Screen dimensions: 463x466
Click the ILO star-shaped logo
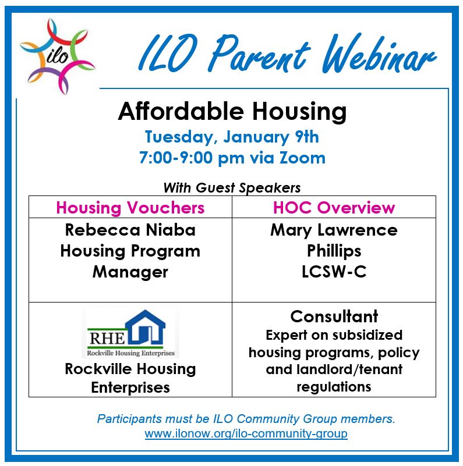pyautogui.click(x=58, y=56)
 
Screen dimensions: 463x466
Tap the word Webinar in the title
pyautogui.click(x=379, y=54)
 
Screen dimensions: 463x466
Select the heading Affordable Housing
pyautogui.click(x=232, y=112)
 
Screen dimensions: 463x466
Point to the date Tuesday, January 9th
pyautogui.click(x=232, y=137)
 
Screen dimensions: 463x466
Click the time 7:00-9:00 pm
pyautogui.click(x=192, y=158)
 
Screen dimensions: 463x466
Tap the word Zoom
pyautogui.click(x=302, y=158)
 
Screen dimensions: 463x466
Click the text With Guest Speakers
pyautogui.click(x=232, y=187)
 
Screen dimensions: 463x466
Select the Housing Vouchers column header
pyautogui.click(x=130, y=208)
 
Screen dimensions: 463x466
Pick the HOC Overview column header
pyautogui.click(x=334, y=207)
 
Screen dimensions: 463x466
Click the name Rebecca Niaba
pyautogui.click(x=130, y=230)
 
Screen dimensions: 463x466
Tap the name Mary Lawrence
pyautogui.click(x=334, y=230)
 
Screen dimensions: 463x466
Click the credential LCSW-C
pyautogui.click(x=334, y=271)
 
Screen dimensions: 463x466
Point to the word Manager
pyautogui.click(x=130, y=272)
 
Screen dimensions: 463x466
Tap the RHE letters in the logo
pyautogui.click(x=107, y=338)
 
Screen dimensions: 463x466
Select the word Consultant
pyautogui.click(x=334, y=316)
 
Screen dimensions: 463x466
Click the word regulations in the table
pyautogui.click(x=334, y=387)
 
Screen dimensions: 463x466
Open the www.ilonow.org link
pyautogui.click(x=246, y=433)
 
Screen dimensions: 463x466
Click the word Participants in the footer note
pyautogui.click(x=130, y=419)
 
